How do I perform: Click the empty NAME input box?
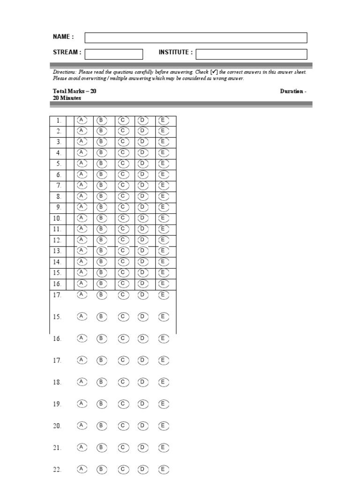pos(195,37)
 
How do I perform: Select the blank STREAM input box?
pos(113,54)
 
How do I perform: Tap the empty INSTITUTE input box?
pos(251,54)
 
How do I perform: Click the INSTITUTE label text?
pos(175,52)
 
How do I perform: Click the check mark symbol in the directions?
pos(214,72)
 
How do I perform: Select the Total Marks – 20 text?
pos(75,91)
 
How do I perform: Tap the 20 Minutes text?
pos(67,98)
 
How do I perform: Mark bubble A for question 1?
pos(82,120)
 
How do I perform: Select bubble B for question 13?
pos(102,251)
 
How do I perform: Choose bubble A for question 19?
pos(82,404)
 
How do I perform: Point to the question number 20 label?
pos(57,426)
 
